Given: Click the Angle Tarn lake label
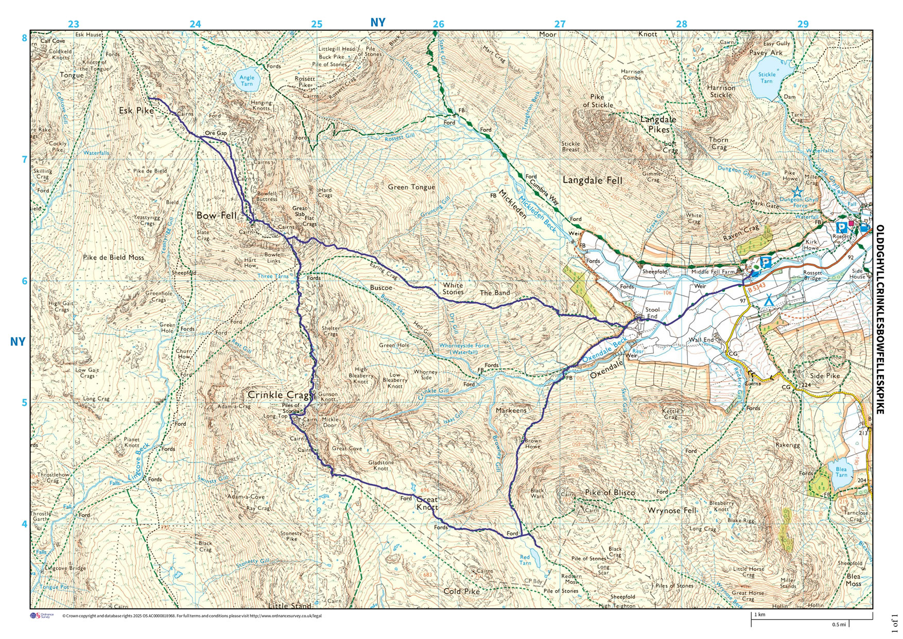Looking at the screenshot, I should (x=247, y=80).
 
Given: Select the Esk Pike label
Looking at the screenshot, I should (x=133, y=110).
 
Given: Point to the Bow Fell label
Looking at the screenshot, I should (x=216, y=215).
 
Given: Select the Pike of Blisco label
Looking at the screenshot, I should (x=610, y=492).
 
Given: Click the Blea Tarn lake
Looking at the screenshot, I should (x=841, y=474).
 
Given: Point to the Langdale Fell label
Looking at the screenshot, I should (x=592, y=180).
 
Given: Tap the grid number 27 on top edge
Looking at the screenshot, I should (x=560, y=24).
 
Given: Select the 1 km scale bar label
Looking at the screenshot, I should (x=760, y=615).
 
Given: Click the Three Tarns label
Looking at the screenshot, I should (x=273, y=277).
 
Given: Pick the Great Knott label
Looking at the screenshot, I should (x=427, y=503).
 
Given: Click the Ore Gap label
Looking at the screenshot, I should (x=216, y=133).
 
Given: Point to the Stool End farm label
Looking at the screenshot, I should (x=652, y=313).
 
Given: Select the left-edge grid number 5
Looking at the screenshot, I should (x=24, y=402).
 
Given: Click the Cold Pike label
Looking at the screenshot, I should (x=461, y=592).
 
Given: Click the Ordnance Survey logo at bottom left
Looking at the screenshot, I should (x=42, y=616).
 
